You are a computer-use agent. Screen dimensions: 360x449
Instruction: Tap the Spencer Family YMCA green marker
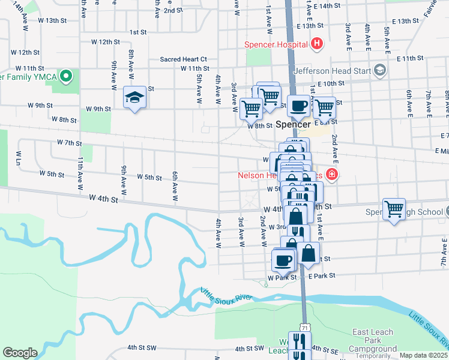click(x=67, y=76)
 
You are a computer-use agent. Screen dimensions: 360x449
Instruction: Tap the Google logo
click(x=20, y=353)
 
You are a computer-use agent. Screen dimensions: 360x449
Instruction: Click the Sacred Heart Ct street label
click(x=183, y=59)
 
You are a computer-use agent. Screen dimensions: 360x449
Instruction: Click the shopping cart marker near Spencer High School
click(x=394, y=211)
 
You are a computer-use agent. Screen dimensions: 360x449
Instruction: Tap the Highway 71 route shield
click(x=306, y=328)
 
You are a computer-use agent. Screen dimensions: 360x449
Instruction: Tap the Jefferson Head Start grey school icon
click(x=379, y=71)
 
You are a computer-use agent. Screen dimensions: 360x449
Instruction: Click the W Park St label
click(x=282, y=278)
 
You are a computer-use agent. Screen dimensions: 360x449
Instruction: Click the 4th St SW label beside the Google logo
click(x=142, y=347)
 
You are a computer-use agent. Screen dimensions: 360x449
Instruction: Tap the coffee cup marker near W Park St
click(x=283, y=260)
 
